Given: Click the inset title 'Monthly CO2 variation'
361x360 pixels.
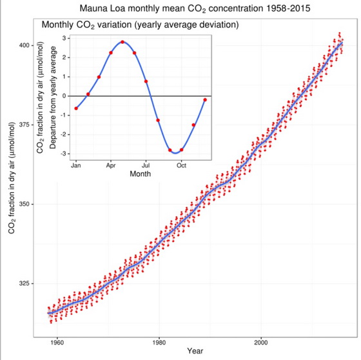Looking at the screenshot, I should coord(140,25).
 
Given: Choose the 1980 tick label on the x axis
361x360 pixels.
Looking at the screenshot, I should coord(159,341).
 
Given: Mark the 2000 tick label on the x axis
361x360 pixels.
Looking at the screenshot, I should coord(260,341).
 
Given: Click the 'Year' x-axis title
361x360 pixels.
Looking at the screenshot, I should coord(195,352).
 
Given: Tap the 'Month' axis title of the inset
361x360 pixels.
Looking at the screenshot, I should coord(140,174).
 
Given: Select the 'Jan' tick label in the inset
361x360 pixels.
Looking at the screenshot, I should coord(76,165).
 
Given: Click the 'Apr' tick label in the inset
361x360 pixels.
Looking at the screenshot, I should coord(111,165).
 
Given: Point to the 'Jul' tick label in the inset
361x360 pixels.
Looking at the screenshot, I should coord(146,165).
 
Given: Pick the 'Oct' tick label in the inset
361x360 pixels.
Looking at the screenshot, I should coord(181,165).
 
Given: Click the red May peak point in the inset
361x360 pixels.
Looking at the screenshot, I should coord(122,42).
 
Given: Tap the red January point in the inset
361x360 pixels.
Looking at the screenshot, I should coord(76,108).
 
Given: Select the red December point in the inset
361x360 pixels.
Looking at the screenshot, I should coord(205,99).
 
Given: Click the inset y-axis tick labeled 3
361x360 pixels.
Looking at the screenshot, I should coord(64,38).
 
